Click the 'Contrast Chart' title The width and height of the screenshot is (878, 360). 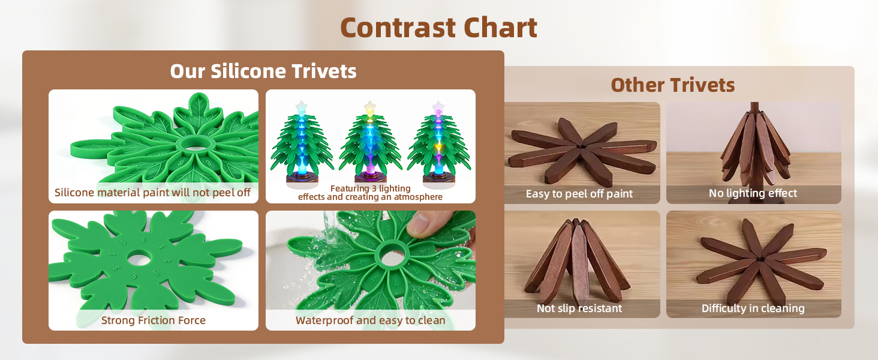438,28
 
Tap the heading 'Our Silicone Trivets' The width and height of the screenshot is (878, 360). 263,71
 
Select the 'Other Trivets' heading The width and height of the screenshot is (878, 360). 672,85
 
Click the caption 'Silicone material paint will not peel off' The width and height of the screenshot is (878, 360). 152,193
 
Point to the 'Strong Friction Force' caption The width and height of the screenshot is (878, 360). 153,320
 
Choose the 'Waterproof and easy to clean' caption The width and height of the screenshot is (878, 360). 370,320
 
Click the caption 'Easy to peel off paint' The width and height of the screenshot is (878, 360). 579,194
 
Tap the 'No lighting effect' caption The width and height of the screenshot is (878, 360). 753,193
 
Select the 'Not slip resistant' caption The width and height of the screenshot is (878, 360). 579,308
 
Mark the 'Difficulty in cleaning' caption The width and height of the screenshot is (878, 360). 753,308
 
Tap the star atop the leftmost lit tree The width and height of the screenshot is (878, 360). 302,107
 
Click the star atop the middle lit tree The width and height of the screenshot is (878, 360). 370,107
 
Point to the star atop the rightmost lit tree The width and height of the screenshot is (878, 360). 438,107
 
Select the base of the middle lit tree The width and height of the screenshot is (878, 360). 370,179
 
